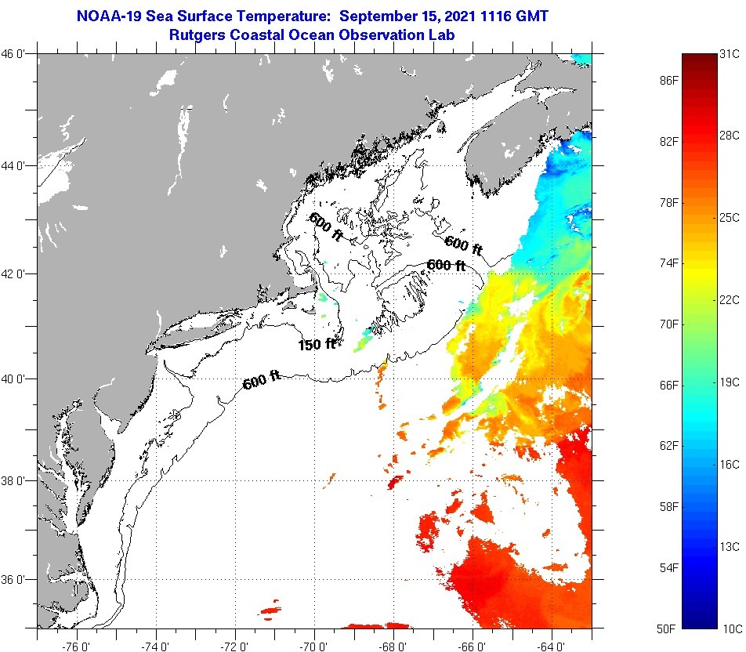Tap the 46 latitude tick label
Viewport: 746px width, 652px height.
pyautogui.click(x=14, y=54)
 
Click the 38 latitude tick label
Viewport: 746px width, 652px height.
pyautogui.click(x=14, y=480)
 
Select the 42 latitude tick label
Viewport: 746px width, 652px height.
pyautogui.click(x=14, y=273)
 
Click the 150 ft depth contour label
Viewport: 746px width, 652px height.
pyautogui.click(x=317, y=344)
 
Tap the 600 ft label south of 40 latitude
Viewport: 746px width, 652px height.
pyautogui.click(x=262, y=381)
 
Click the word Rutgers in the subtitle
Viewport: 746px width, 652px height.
pyautogui.click(x=198, y=34)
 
